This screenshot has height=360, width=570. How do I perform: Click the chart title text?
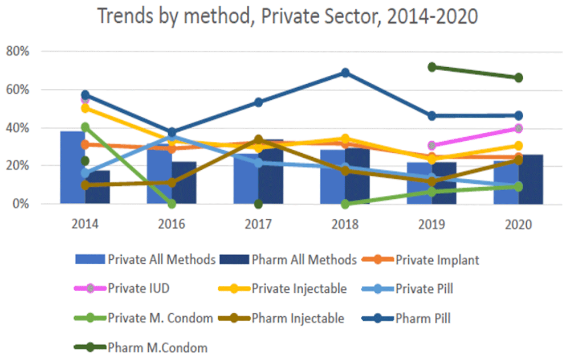pyautogui.click(x=287, y=16)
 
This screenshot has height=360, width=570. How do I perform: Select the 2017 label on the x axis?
pyautogui.click(x=258, y=224)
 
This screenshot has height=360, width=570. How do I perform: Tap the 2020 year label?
pyautogui.click(x=518, y=224)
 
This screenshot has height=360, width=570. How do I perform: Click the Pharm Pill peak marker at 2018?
pyautogui.click(x=345, y=72)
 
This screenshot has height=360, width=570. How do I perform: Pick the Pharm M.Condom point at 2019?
pyautogui.click(x=431, y=67)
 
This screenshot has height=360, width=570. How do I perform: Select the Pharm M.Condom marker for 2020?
pyautogui.click(x=518, y=77)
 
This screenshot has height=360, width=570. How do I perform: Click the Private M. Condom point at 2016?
pyautogui.click(x=172, y=203)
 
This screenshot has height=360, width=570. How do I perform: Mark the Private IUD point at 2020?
pyautogui.click(x=518, y=128)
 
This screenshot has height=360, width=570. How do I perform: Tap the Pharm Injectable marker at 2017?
pyautogui.click(x=258, y=139)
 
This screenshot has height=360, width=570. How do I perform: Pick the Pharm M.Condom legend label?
pyautogui.click(x=157, y=347)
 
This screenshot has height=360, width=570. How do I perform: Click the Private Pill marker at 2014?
pyautogui.click(x=85, y=173)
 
